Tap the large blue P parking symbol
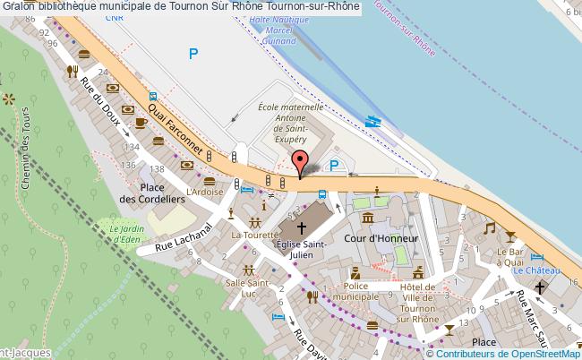click(x=193, y=55)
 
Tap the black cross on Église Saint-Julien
click(x=303, y=227)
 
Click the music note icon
click(x=489, y=228)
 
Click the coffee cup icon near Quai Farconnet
click(x=141, y=122)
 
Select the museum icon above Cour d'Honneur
click(x=368, y=219)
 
